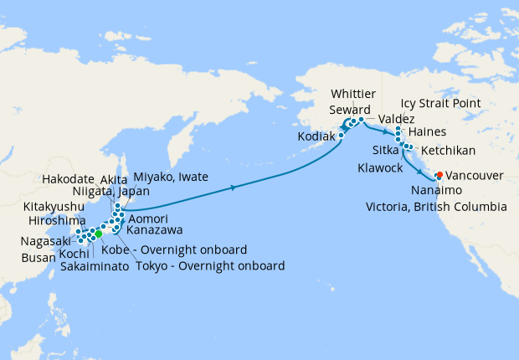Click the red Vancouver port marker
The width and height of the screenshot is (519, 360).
[439, 176]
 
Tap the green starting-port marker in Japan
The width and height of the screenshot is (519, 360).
[99, 234]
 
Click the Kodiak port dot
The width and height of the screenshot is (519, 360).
[342, 135]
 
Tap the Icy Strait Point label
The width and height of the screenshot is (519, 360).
[440, 104]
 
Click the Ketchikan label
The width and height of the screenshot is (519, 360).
[449, 151]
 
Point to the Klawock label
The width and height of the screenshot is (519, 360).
[381, 167]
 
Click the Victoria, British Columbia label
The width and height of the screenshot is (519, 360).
[435, 206]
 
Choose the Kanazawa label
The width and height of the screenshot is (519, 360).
[154, 229]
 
